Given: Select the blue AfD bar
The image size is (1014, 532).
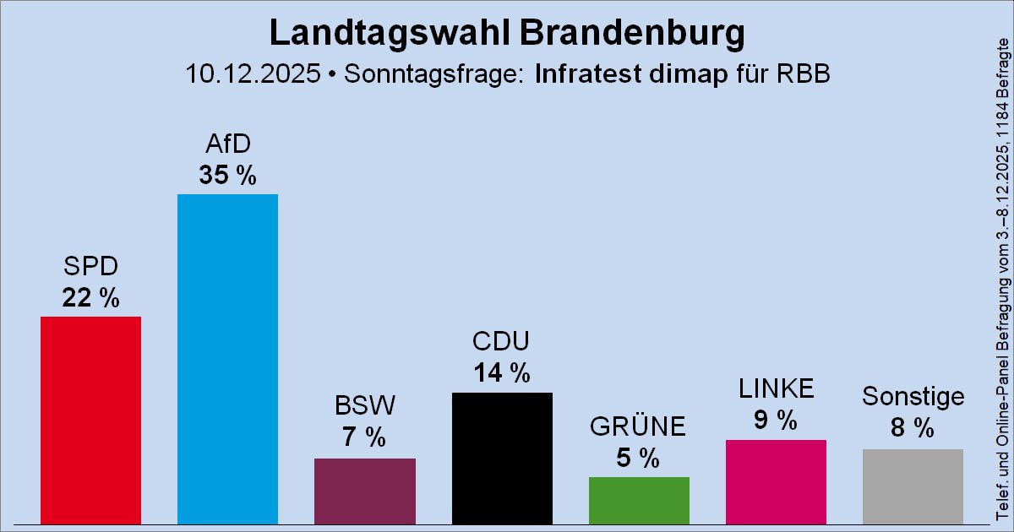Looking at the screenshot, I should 227,359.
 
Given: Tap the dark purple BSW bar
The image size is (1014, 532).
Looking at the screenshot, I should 364,491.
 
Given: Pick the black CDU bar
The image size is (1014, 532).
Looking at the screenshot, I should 502,458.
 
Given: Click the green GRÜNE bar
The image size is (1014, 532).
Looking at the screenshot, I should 639,500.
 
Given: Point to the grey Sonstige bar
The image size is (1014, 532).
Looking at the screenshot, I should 913,486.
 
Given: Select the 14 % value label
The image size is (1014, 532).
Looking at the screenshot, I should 502,372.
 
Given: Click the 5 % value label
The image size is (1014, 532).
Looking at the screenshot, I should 639,458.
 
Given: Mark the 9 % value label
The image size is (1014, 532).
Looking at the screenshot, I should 776,420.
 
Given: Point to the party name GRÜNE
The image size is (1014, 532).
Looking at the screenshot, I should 639,427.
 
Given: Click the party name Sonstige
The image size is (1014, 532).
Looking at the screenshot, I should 913,396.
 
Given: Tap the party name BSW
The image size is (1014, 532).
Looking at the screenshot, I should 364,407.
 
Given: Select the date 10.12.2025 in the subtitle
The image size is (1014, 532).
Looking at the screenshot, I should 253,73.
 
